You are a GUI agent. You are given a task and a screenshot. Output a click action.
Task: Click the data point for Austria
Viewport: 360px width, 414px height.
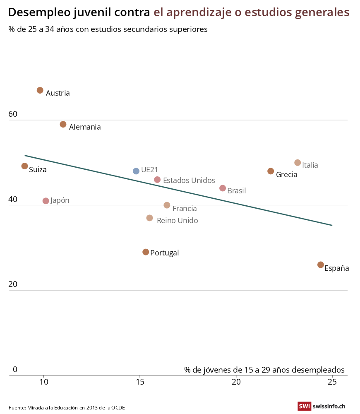40,90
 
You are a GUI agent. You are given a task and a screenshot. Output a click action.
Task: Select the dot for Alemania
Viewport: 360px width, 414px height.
63,124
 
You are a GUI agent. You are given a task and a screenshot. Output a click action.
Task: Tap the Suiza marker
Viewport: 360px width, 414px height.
25,166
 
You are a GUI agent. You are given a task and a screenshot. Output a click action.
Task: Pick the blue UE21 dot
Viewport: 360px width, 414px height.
136,171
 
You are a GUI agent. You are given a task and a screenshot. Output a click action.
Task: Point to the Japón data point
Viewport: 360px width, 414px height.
46,201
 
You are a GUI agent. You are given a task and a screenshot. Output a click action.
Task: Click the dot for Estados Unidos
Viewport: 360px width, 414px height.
157,180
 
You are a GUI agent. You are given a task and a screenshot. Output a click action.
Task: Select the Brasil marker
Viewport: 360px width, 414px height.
223,188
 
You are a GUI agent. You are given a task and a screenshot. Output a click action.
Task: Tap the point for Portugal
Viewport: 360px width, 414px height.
146,252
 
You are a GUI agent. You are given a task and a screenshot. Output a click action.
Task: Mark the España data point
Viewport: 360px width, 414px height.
321,265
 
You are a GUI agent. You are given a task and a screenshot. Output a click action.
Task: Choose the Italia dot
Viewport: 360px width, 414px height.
298,163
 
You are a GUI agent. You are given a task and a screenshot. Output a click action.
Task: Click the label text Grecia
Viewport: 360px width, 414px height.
286,175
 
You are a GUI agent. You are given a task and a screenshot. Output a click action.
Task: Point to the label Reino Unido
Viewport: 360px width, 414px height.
177,221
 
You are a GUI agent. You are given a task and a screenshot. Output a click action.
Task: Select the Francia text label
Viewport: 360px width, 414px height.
185,209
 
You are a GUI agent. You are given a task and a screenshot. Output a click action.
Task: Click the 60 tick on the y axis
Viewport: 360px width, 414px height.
13,114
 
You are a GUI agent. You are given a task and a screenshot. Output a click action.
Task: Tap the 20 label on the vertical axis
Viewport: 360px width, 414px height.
13,284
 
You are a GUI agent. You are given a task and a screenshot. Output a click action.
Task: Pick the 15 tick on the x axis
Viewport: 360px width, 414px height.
140,382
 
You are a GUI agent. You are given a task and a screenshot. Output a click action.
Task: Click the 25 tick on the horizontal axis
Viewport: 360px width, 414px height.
332,382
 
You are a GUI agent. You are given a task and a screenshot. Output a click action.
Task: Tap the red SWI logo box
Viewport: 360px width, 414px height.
304,407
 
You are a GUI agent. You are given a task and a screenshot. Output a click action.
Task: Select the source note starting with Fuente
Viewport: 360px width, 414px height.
67,408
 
